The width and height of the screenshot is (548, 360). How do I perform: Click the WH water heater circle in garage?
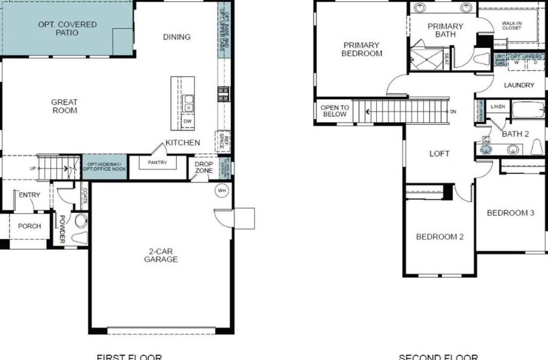[x=222, y=190]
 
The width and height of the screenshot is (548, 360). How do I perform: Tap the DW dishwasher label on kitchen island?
[x=188, y=121]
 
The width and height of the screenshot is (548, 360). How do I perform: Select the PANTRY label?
[x=157, y=162]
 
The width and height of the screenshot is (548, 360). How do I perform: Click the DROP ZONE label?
[x=204, y=167]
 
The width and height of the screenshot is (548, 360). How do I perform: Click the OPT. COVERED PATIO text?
[x=67, y=28]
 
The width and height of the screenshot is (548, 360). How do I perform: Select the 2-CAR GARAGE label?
[x=161, y=255]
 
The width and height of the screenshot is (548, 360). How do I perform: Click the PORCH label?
[x=30, y=226]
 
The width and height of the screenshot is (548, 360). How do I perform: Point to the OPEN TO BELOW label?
[x=335, y=111]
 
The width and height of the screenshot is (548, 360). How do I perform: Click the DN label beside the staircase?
[x=453, y=111]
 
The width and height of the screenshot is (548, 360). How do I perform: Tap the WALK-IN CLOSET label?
[x=511, y=26]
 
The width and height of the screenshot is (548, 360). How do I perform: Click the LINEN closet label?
[x=497, y=107]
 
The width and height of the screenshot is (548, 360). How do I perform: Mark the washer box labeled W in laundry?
[x=517, y=62]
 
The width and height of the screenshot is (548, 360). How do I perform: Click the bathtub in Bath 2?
[x=528, y=110]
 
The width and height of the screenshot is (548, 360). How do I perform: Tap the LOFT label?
[x=439, y=153]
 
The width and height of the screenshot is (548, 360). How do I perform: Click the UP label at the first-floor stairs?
[x=33, y=168]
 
